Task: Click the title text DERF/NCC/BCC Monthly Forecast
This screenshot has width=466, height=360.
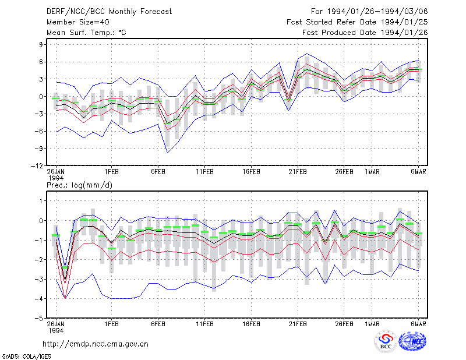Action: point(109,12)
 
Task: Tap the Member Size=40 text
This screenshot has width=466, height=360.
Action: point(78,22)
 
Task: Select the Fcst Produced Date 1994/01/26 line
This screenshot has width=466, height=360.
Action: point(365,33)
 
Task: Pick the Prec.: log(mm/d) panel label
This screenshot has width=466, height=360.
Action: point(79,185)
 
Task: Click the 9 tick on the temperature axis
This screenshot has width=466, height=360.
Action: point(41,45)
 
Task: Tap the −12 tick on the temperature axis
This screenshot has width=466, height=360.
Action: point(37,166)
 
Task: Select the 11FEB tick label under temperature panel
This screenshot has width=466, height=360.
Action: point(204,172)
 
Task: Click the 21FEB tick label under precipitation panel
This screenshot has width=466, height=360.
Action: point(298,324)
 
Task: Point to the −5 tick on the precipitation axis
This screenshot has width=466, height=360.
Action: point(39,318)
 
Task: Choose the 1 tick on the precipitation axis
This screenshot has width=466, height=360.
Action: point(41,201)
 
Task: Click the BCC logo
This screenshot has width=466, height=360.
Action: point(386,342)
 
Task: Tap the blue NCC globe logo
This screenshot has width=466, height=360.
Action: point(412,341)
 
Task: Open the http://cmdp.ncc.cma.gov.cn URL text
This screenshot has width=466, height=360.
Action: point(96,344)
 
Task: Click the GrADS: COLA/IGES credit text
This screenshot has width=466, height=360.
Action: point(27,357)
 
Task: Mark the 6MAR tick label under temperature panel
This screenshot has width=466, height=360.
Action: point(418,172)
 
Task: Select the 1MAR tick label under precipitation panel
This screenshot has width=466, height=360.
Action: point(372,324)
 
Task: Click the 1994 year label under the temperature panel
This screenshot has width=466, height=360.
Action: point(56,178)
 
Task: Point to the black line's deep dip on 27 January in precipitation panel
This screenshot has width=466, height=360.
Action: point(65,280)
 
